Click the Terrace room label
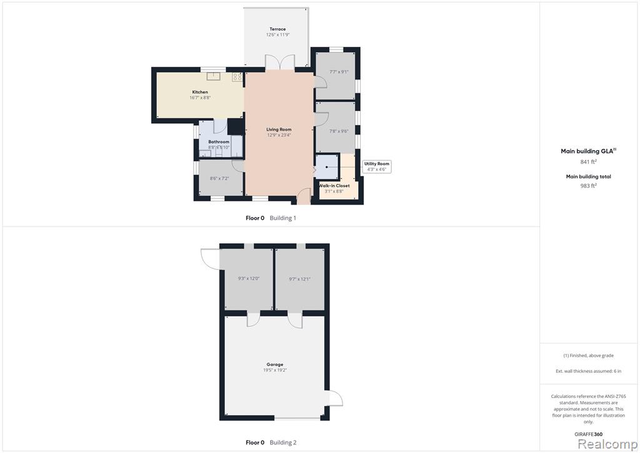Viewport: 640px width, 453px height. click(277, 29)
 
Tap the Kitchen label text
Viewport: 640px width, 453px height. click(200, 92)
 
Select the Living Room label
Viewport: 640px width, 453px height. click(279, 129)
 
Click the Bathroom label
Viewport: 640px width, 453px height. click(219, 142)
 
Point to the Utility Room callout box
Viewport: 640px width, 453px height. click(377, 166)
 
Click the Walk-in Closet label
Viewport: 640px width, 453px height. click(334, 185)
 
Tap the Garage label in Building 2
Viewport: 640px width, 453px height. click(275, 364)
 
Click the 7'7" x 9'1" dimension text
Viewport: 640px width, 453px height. click(339, 71)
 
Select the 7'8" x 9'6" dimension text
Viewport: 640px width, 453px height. click(339, 131)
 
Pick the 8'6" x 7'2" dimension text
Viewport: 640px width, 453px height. click(219, 178)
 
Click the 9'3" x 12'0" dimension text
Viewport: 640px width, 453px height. click(249, 278)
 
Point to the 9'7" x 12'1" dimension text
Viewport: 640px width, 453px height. click(299, 279)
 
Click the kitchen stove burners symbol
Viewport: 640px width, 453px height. click(237, 76)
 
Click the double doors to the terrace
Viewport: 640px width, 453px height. click(279, 62)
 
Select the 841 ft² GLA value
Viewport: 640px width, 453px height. click(588, 161)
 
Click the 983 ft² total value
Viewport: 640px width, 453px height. click(588, 185)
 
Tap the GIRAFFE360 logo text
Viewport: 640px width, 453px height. click(588, 434)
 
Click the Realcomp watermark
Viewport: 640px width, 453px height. click(607, 444)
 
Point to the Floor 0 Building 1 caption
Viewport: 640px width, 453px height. click(271, 218)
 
